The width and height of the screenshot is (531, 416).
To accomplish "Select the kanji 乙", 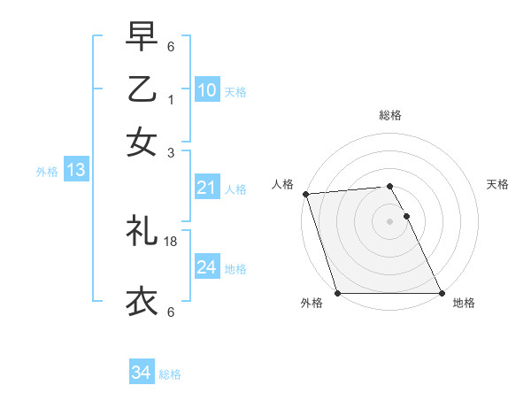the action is (x=142, y=91).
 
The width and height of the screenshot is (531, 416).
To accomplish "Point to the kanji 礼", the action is (x=142, y=231).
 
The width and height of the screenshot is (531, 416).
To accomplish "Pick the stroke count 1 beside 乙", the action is (x=171, y=100).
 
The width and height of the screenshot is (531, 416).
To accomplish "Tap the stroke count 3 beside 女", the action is (x=171, y=151).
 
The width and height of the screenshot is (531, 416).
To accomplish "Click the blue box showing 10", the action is (x=206, y=90).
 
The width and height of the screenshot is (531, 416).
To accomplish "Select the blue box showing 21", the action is (x=206, y=188).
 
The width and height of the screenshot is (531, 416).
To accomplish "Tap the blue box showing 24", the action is (x=206, y=267).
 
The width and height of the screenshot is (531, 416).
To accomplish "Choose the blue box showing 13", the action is (x=75, y=171).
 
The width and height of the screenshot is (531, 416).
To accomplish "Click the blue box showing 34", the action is (x=141, y=374).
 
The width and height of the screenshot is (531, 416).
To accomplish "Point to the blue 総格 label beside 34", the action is (x=170, y=374).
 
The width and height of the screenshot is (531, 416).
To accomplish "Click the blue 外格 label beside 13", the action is (x=47, y=172).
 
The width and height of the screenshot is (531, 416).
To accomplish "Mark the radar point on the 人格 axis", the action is (x=305, y=194).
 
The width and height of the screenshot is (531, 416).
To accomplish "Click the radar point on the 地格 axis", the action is (x=441, y=293).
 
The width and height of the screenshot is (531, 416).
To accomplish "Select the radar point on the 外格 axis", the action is (x=338, y=293).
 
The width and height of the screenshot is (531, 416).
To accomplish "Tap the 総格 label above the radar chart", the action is (x=390, y=115).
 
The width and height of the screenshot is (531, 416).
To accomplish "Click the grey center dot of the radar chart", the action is (x=390, y=221).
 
